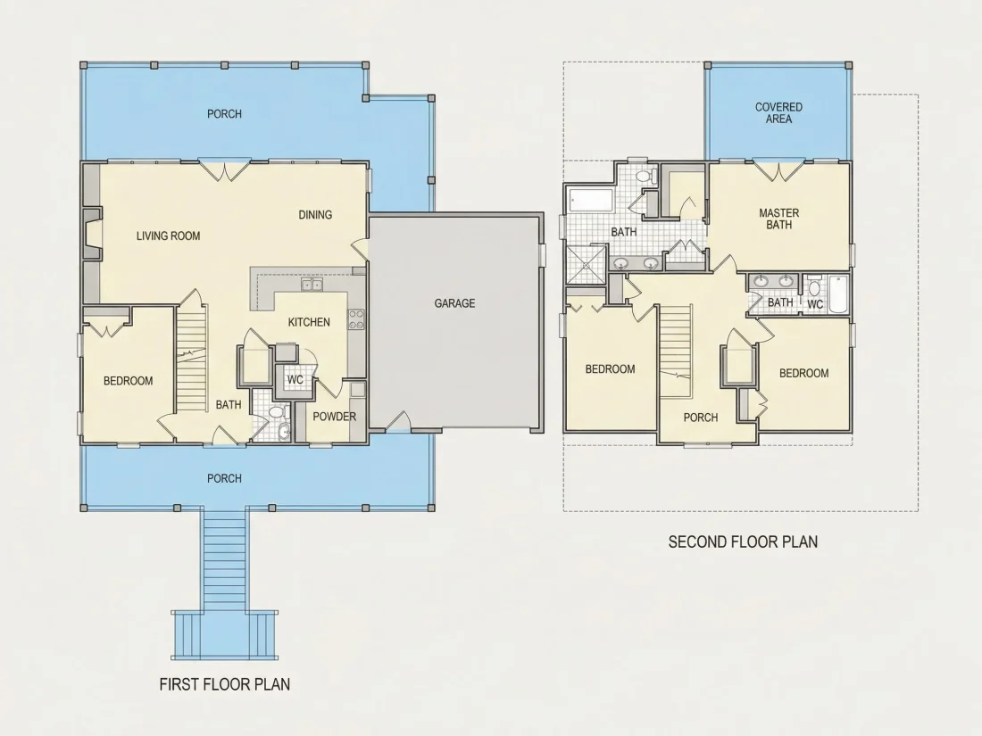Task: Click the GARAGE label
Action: pyautogui.click(x=454, y=303)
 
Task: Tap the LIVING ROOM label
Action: pyautogui.click(x=169, y=236)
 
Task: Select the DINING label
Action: pyautogui.click(x=315, y=215)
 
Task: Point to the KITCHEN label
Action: pyautogui.click(x=309, y=322)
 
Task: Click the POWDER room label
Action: pyautogui.click(x=335, y=417)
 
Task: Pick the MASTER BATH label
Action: pyautogui.click(x=779, y=219)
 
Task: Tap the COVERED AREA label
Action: pyautogui.click(x=778, y=113)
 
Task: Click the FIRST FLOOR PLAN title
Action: pyautogui.click(x=225, y=684)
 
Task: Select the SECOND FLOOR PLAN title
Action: pyautogui.click(x=743, y=542)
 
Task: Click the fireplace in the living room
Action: pyautogui.click(x=91, y=234)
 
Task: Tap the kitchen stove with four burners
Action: pyautogui.click(x=356, y=319)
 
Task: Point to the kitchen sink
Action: pyautogui.click(x=312, y=285)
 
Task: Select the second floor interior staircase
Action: pyautogui.click(x=676, y=351)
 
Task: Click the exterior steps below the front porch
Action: pyautogui.click(x=225, y=584)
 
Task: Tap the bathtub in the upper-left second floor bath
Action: pyautogui.click(x=591, y=200)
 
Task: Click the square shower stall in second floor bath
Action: pyautogui.click(x=587, y=265)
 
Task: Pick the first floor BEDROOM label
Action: pyautogui.click(x=129, y=381)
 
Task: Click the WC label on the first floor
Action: pyautogui.click(x=295, y=380)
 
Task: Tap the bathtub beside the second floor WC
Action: pyautogui.click(x=837, y=294)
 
